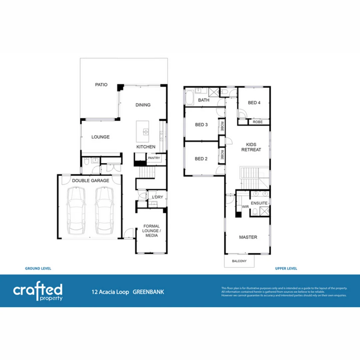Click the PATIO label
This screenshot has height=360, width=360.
click(101, 85)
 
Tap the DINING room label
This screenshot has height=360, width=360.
click(143, 105)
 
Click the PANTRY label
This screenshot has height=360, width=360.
click(154, 158)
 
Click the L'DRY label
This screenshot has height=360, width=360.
click(157, 197)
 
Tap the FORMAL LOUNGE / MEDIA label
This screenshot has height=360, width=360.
click(151, 231)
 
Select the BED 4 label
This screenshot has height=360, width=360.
click(254, 103)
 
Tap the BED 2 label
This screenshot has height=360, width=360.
click(201, 159)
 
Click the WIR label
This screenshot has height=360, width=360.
click(245, 207)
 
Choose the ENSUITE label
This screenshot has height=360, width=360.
click(259, 203)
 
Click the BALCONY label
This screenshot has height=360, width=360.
click(239, 261)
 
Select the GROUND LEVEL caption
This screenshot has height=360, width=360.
click(38, 268)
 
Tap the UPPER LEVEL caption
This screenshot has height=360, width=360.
click(286, 268)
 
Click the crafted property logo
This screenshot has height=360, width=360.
click(38, 291)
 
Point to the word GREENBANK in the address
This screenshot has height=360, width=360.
click(148, 292)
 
